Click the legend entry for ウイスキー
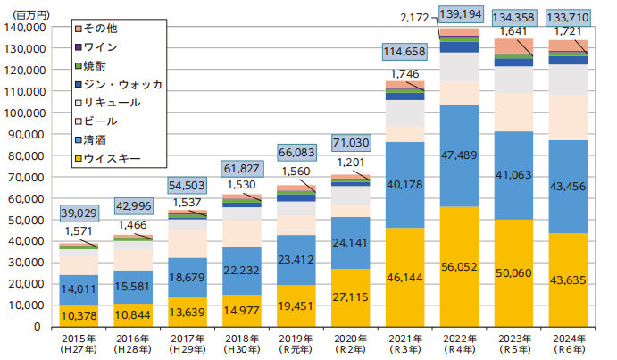(112, 159)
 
